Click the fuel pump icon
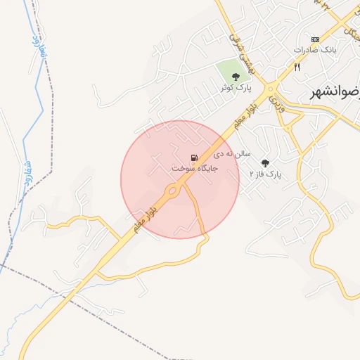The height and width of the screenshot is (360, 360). tap(193, 158)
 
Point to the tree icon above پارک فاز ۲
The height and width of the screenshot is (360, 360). tap(265, 162)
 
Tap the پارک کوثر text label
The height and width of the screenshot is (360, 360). tap(235, 87)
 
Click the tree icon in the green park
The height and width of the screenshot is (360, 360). tap(236, 76)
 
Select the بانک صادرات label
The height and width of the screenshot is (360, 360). tap(311, 50)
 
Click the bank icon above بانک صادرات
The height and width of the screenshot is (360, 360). tap(315, 39)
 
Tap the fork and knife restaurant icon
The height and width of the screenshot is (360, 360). tap(297, 67)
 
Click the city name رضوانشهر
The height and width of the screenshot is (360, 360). tap(335, 91)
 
